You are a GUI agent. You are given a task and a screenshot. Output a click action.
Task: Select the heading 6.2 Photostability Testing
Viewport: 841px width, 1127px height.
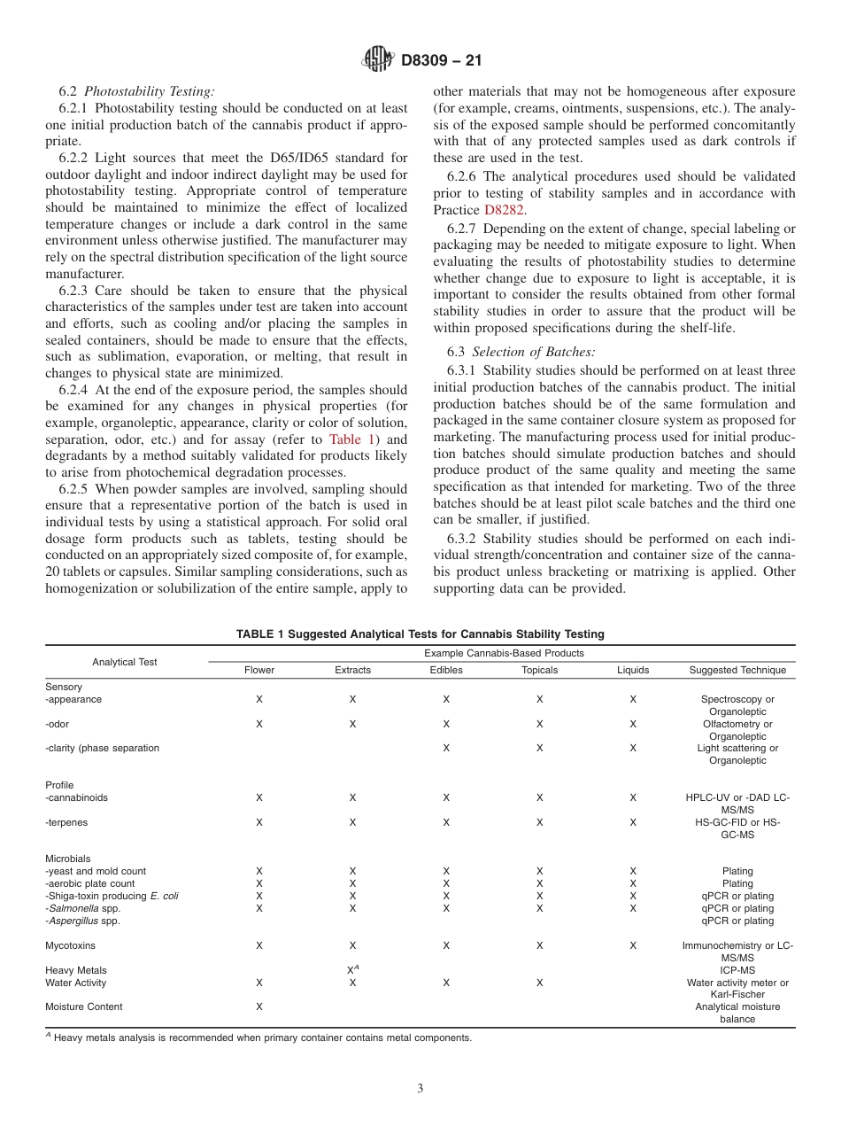136,91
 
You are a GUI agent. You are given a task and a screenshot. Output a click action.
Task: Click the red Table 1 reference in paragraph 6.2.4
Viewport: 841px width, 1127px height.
352,439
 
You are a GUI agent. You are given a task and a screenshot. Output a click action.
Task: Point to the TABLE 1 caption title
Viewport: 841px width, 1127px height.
420,633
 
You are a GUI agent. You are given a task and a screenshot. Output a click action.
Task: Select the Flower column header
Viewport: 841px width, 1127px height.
259,670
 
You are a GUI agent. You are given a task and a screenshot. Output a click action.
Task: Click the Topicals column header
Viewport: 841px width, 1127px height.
539,670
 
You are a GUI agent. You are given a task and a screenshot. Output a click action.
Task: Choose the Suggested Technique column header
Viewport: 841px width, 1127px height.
737,670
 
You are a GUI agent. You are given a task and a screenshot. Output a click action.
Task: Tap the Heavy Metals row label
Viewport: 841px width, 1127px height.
76,970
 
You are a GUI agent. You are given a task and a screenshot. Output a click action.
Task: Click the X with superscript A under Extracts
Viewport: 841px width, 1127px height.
352,970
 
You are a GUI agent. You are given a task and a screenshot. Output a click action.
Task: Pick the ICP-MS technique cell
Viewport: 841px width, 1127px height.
737,970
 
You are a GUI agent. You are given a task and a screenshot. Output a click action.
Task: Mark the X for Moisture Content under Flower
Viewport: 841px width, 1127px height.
259,1007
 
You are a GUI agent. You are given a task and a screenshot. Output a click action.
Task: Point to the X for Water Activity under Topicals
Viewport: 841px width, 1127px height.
539,983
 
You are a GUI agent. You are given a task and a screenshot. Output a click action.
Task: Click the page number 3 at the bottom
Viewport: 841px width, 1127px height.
420,1089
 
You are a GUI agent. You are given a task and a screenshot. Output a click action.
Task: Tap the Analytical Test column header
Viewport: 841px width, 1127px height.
125,662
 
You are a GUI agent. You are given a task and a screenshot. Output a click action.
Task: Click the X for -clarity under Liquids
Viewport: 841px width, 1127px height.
632,748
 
